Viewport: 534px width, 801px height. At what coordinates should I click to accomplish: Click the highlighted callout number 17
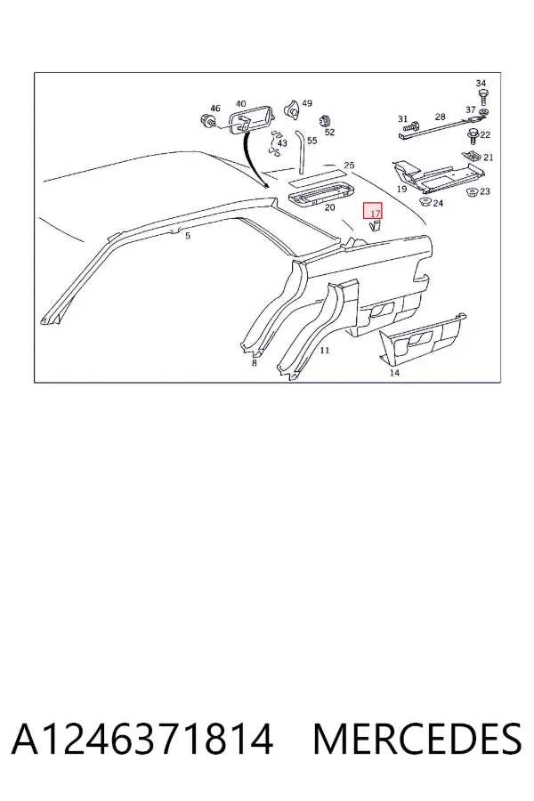[x=375, y=214]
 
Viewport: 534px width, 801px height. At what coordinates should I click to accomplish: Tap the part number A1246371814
[x=142, y=739]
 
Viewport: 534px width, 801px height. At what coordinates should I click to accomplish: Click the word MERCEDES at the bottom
[x=417, y=739]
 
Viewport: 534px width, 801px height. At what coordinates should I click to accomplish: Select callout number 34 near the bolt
[x=481, y=84]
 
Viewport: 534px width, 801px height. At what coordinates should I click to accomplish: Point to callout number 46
[x=215, y=109]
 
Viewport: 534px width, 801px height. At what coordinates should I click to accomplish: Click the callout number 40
[x=240, y=104]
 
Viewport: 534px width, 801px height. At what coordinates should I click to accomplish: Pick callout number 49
[x=306, y=103]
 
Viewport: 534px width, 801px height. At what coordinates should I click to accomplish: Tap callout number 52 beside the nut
[x=329, y=132]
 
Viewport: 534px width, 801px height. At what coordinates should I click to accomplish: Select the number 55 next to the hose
[x=311, y=141]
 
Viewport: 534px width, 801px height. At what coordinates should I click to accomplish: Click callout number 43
[x=282, y=143]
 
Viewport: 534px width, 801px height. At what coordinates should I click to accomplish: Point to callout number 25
[x=349, y=166]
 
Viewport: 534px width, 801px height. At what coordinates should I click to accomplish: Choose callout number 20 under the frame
[x=329, y=207]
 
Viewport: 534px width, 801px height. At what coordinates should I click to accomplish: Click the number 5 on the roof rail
[x=188, y=236]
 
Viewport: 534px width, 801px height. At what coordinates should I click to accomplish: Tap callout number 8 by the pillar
[x=254, y=363]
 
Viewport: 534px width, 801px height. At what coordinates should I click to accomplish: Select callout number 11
[x=325, y=351]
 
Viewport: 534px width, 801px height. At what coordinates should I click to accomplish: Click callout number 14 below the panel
[x=394, y=373]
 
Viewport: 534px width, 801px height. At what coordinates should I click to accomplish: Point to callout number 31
[x=402, y=119]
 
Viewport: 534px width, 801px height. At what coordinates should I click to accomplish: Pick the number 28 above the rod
[x=440, y=117]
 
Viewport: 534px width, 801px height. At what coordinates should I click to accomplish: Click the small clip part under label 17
[x=375, y=226]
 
